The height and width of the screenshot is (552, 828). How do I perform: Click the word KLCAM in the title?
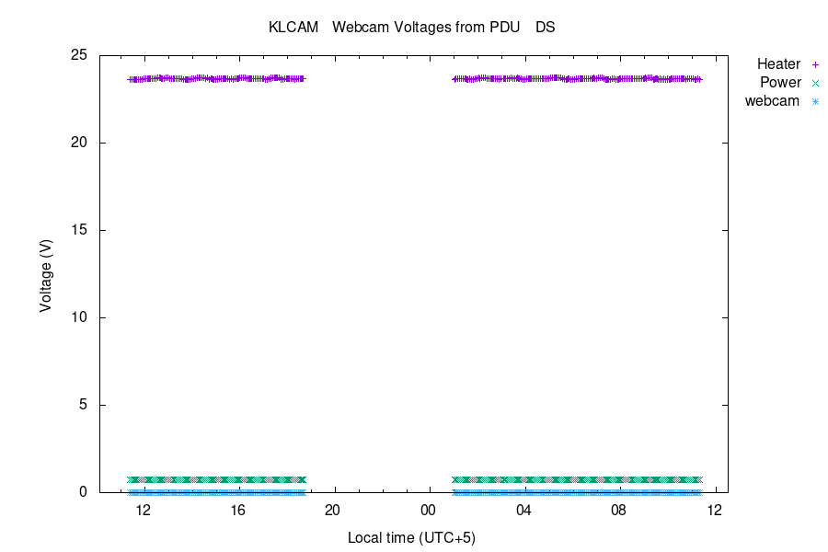(x=293, y=28)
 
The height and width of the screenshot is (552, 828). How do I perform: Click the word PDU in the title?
(x=505, y=28)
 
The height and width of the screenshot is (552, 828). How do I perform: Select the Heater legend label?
(x=778, y=64)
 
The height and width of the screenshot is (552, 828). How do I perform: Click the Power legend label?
(x=780, y=83)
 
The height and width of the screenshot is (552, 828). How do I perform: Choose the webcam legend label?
(x=772, y=101)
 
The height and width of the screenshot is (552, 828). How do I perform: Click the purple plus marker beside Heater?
(x=815, y=64)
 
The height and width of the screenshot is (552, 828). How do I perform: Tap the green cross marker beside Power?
(x=815, y=83)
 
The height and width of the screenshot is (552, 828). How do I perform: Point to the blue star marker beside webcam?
(x=815, y=101)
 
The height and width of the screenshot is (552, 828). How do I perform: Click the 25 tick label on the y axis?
(x=79, y=55)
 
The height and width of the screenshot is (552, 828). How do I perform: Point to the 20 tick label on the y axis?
(x=79, y=143)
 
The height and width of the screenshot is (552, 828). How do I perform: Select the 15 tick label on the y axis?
(x=79, y=230)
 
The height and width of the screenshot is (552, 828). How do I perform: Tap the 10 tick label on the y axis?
(x=79, y=317)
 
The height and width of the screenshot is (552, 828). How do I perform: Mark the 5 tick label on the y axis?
(x=83, y=405)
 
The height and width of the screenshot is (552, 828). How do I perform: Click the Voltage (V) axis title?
(x=46, y=274)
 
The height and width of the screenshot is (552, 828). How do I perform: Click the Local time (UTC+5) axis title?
(x=411, y=537)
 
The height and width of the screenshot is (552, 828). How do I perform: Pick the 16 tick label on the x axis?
(x=237, y=511)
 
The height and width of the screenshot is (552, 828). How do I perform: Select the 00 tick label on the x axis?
(x=428, y=511)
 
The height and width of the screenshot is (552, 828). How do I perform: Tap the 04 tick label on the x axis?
(x=523, y=511)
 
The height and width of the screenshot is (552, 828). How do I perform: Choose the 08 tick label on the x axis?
(x=618, y=511)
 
